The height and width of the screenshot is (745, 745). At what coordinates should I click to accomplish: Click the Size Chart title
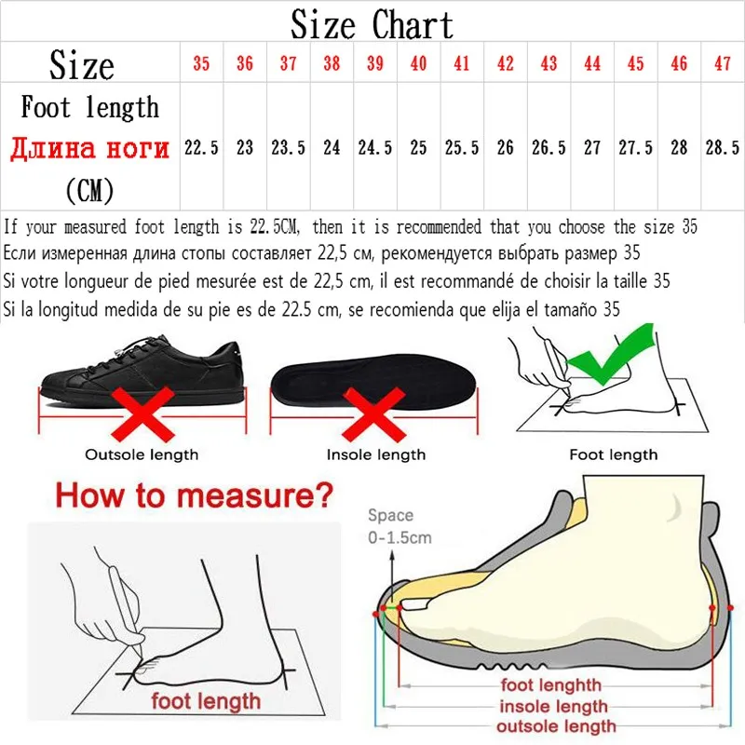coord(372,24)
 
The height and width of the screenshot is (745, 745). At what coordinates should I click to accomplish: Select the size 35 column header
coord(201,64)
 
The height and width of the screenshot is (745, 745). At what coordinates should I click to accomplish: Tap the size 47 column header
coord(722,64)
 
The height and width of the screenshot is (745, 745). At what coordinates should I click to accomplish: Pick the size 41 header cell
coord(461,64)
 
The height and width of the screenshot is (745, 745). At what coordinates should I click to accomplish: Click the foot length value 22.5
coord(201,148)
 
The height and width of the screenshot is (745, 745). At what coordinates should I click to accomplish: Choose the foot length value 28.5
coord(722,148)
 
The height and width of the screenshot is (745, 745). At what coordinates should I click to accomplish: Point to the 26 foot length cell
coord(505,148)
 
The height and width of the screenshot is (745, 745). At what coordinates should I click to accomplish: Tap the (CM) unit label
coord(89,191)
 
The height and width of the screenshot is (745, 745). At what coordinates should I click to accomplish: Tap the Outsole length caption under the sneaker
coord(142,454)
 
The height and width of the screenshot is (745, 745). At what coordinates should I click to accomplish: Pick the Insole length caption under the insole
coord(375,454)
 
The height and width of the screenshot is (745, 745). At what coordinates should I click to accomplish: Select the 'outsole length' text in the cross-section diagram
coord(556,726)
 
